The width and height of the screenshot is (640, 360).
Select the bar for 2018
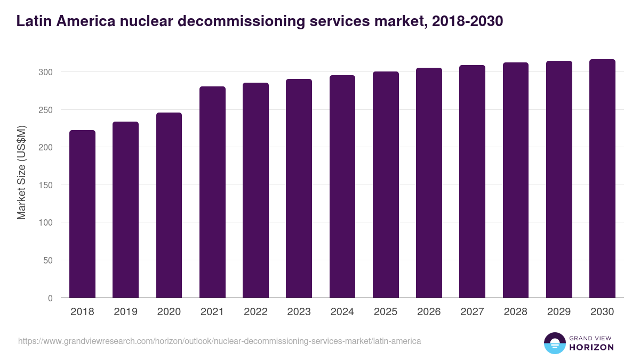(82, 214)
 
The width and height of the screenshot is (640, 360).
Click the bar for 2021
(212, 192)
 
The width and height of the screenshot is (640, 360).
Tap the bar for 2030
(602, 179)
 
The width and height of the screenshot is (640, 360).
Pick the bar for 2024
(342, 187)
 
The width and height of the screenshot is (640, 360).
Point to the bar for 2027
(472, 181)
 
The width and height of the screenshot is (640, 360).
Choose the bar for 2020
(169, 205)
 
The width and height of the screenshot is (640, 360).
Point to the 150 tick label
(46, 185)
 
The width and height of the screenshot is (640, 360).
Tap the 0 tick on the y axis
(50, 298)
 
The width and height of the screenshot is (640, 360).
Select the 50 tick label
(48, 260)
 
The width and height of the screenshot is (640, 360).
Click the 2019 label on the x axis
(126, 312)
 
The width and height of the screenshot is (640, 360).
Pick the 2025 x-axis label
(386, 312)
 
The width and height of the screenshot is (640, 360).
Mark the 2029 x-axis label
(559, 312)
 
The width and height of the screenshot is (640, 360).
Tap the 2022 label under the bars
(255, 312)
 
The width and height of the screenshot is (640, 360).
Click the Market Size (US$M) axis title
(21, 172)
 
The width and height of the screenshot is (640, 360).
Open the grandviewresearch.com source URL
(219, 341)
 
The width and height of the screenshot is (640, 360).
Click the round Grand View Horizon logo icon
(554, 343)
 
